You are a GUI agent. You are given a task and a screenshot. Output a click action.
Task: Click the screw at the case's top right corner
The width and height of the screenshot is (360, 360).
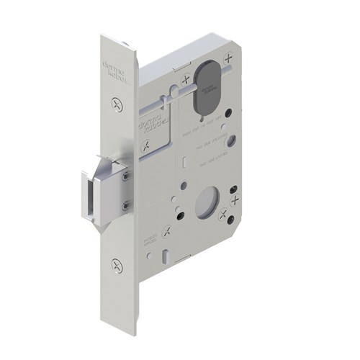coord(229,58)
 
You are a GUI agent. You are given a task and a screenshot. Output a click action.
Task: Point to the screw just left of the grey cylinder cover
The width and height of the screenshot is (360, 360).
coord(185,80)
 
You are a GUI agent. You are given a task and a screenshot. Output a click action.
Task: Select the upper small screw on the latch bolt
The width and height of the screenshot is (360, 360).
coord(127,175)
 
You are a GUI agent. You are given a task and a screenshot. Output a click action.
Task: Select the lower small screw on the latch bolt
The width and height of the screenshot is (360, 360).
coord(127,207)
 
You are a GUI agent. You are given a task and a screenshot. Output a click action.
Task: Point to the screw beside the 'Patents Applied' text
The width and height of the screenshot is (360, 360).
coord(167,231)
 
